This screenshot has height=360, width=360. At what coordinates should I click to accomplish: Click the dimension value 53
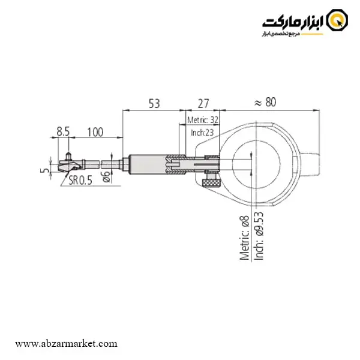[154, 104]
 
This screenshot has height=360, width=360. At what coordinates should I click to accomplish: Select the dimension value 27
[203, 104]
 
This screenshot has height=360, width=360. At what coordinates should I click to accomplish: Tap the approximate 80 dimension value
[265, 102]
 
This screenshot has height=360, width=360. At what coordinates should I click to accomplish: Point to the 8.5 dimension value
[63, 132]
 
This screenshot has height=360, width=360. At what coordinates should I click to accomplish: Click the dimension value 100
[95, 132]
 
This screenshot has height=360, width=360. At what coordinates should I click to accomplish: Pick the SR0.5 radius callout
[80, 180]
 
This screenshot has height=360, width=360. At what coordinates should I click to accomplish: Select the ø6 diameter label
[106, 176]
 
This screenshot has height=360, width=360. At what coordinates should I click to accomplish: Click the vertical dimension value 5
[45, 170]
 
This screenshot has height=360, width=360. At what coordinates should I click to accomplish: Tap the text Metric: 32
[203, 120]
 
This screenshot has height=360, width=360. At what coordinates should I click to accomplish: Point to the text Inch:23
[202, 133]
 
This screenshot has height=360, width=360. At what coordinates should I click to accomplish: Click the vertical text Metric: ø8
[244, 238]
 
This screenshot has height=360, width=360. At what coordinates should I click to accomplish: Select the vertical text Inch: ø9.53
[259, 236]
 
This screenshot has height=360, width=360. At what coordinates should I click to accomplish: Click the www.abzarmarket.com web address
[66, 344]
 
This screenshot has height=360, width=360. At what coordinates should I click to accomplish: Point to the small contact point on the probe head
[68, 155]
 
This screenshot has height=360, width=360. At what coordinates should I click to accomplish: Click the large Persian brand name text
[293, 23]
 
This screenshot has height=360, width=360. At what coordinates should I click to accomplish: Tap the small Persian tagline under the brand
[281, 34]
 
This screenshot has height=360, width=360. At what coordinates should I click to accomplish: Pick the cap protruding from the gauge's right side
[309, 163]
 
